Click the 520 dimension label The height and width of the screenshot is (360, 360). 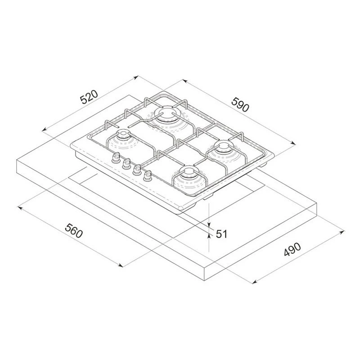(x=89, y=97)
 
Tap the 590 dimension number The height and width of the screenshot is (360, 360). (x=240, y=105)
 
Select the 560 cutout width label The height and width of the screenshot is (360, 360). (x=73, y=231)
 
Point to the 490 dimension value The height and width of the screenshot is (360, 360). (x=292, y=249)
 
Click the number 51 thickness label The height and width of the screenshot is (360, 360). (x=221, y=234)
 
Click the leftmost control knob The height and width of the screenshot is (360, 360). (x=116, y=158)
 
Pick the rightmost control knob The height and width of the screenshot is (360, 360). (x=147, y=176)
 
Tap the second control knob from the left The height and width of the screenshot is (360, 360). (x=126, y=164)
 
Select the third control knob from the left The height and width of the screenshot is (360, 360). (x=137, y=170)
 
